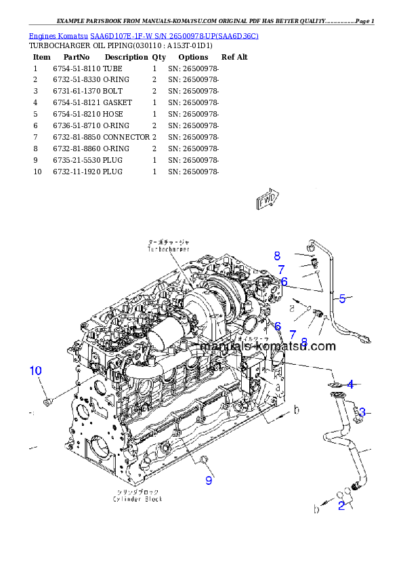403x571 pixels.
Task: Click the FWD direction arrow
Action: tap(268, 199)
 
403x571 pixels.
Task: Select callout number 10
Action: tap(36, 371)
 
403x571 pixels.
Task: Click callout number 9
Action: tap(209, 480)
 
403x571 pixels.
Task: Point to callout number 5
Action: tap(343, 298)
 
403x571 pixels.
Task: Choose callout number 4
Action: tap(350, 385)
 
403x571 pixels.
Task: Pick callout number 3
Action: tap(362, 412)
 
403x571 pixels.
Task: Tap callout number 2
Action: tap(342, 505)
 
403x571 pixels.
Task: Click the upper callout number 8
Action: tap(277, 256)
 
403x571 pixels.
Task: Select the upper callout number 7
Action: tap(280, 269)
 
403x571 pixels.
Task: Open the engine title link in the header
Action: tap(143, 35)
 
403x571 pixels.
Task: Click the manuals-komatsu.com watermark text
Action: tap(268, 346)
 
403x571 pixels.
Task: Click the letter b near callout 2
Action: tap(316, 508)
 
